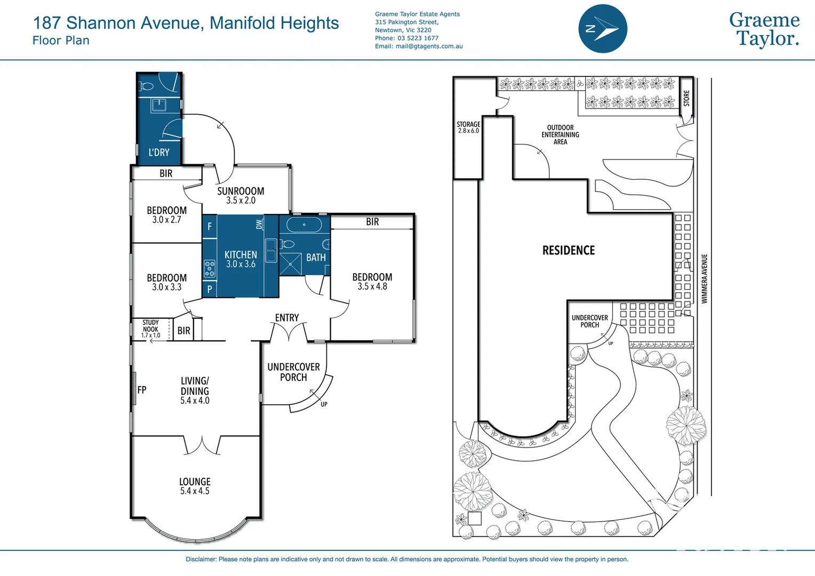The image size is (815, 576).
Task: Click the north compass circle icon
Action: click(x=603, y=29)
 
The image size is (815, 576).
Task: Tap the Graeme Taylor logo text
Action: click(x=764, y=29)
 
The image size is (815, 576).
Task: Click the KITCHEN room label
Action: click(x=241, y=255)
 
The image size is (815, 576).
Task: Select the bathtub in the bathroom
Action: click(x=304, y=225)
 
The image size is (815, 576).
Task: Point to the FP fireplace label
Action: click(x=142, y=390)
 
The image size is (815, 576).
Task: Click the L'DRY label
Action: click(x=159, y=153)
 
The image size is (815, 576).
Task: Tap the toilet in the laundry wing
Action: click(x=147, y=86)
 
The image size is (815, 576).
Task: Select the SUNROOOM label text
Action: click(x=241, y=191)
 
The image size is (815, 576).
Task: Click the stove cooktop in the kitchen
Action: click(x=210, y=269)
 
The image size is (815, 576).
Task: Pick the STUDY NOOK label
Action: click(x=150, y=326)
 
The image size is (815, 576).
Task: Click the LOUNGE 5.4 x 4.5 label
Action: click(x=195, y=486)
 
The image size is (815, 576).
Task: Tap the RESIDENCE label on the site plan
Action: click(x=569, y=250)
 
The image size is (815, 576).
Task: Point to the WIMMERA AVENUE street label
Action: click(x=704, y=279)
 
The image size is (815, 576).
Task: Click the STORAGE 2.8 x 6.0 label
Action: click(x=468, y=127)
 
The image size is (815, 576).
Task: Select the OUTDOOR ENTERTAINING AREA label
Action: click(x=560, y=135)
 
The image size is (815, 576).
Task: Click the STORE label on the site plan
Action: click(x=686, y=98)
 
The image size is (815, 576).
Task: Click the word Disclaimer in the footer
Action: click(x=201, y=559)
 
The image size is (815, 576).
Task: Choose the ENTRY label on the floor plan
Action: click(x=287, y=318)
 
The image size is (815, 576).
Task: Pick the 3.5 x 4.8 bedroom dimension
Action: click(x=372, y=286)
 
